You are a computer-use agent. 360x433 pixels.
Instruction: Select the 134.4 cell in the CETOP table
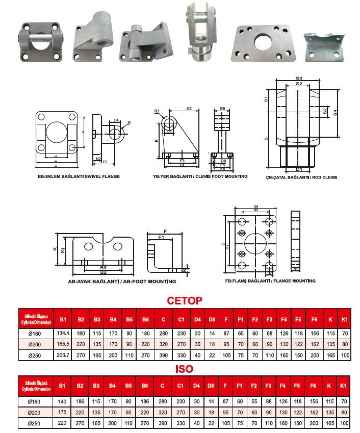point(63,334)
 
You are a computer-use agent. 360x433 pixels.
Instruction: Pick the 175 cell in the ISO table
point(63,412)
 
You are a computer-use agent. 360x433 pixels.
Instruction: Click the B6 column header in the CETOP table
point(145,319)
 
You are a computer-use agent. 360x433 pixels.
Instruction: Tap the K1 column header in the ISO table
point(344,387)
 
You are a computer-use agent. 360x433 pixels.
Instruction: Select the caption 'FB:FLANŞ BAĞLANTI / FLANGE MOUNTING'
point(270,281)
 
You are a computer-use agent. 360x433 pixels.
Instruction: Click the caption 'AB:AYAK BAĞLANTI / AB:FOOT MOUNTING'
point(122,282)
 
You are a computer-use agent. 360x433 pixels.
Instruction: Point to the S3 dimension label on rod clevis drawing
point(299,78)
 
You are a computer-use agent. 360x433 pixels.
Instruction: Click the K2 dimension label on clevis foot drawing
point(189,109)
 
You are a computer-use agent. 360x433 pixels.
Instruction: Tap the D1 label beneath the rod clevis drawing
point(299,169)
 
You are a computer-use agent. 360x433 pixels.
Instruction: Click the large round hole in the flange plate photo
point(264,41)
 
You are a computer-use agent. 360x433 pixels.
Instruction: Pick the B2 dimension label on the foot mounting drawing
point(103,272)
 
